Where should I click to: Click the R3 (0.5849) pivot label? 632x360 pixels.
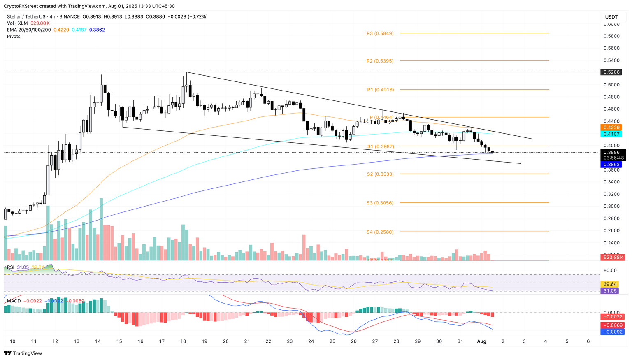pyautogui.click(x=380, y=33)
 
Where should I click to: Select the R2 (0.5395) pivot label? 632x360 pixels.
pyautogui.click(x=380, y=61)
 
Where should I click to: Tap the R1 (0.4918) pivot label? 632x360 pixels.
pyautogui.click(x=380, y=90)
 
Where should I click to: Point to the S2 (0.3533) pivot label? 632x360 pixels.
pyautogui.click(x=380, y=174)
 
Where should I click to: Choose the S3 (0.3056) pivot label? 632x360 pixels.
pyautogui.click(x=380, y=203)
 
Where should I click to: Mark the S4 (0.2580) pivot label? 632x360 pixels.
pyautogui.click(x=380, y=232)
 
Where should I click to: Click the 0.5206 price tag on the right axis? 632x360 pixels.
pyautogui.click(x=611, y=72)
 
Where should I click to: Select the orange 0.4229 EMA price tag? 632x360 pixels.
pyautogui.click(x=611, y=128)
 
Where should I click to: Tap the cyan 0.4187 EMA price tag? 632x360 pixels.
pyautogui.click(x=611, y=134)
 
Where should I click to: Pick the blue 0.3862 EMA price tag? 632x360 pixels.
pyautogui.click(x=611, y=164)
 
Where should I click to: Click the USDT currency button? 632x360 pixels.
pyautogui.click(x=611, y=17)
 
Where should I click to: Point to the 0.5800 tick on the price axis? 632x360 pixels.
pyautogui.click(x=611, y=36)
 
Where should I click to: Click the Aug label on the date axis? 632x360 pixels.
pyautogui.click(x=481, y=341)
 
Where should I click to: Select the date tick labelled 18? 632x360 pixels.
pyautogui.click(x=183, y=341)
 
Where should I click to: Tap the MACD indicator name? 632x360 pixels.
pyautogui.click(x=14, y=301)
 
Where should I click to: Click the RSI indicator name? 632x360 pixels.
pyautogui.click(x=10, y=267)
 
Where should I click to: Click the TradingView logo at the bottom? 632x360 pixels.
pyautogui.click(x=23, y=353)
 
